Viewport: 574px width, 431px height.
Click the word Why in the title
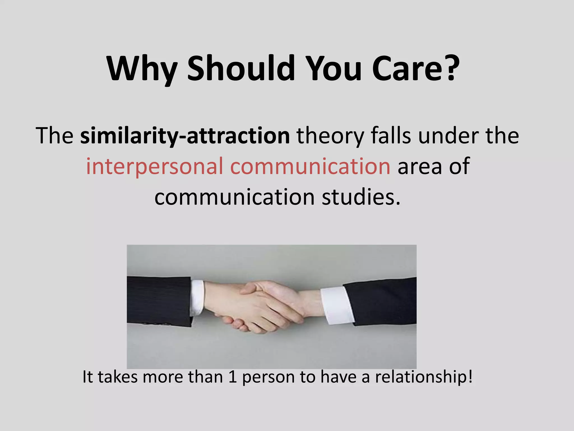pyautogui.click(x=142, y=69)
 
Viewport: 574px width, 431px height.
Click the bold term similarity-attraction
pyautogui.click(x=185, y=136)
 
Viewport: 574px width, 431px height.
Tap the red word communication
pyautogui.click(x=310, y=166)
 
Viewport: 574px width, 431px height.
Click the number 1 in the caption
pyautogui.click(x=232, y=377)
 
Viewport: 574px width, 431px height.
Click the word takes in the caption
pyautogui.click(x=118, y=377)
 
